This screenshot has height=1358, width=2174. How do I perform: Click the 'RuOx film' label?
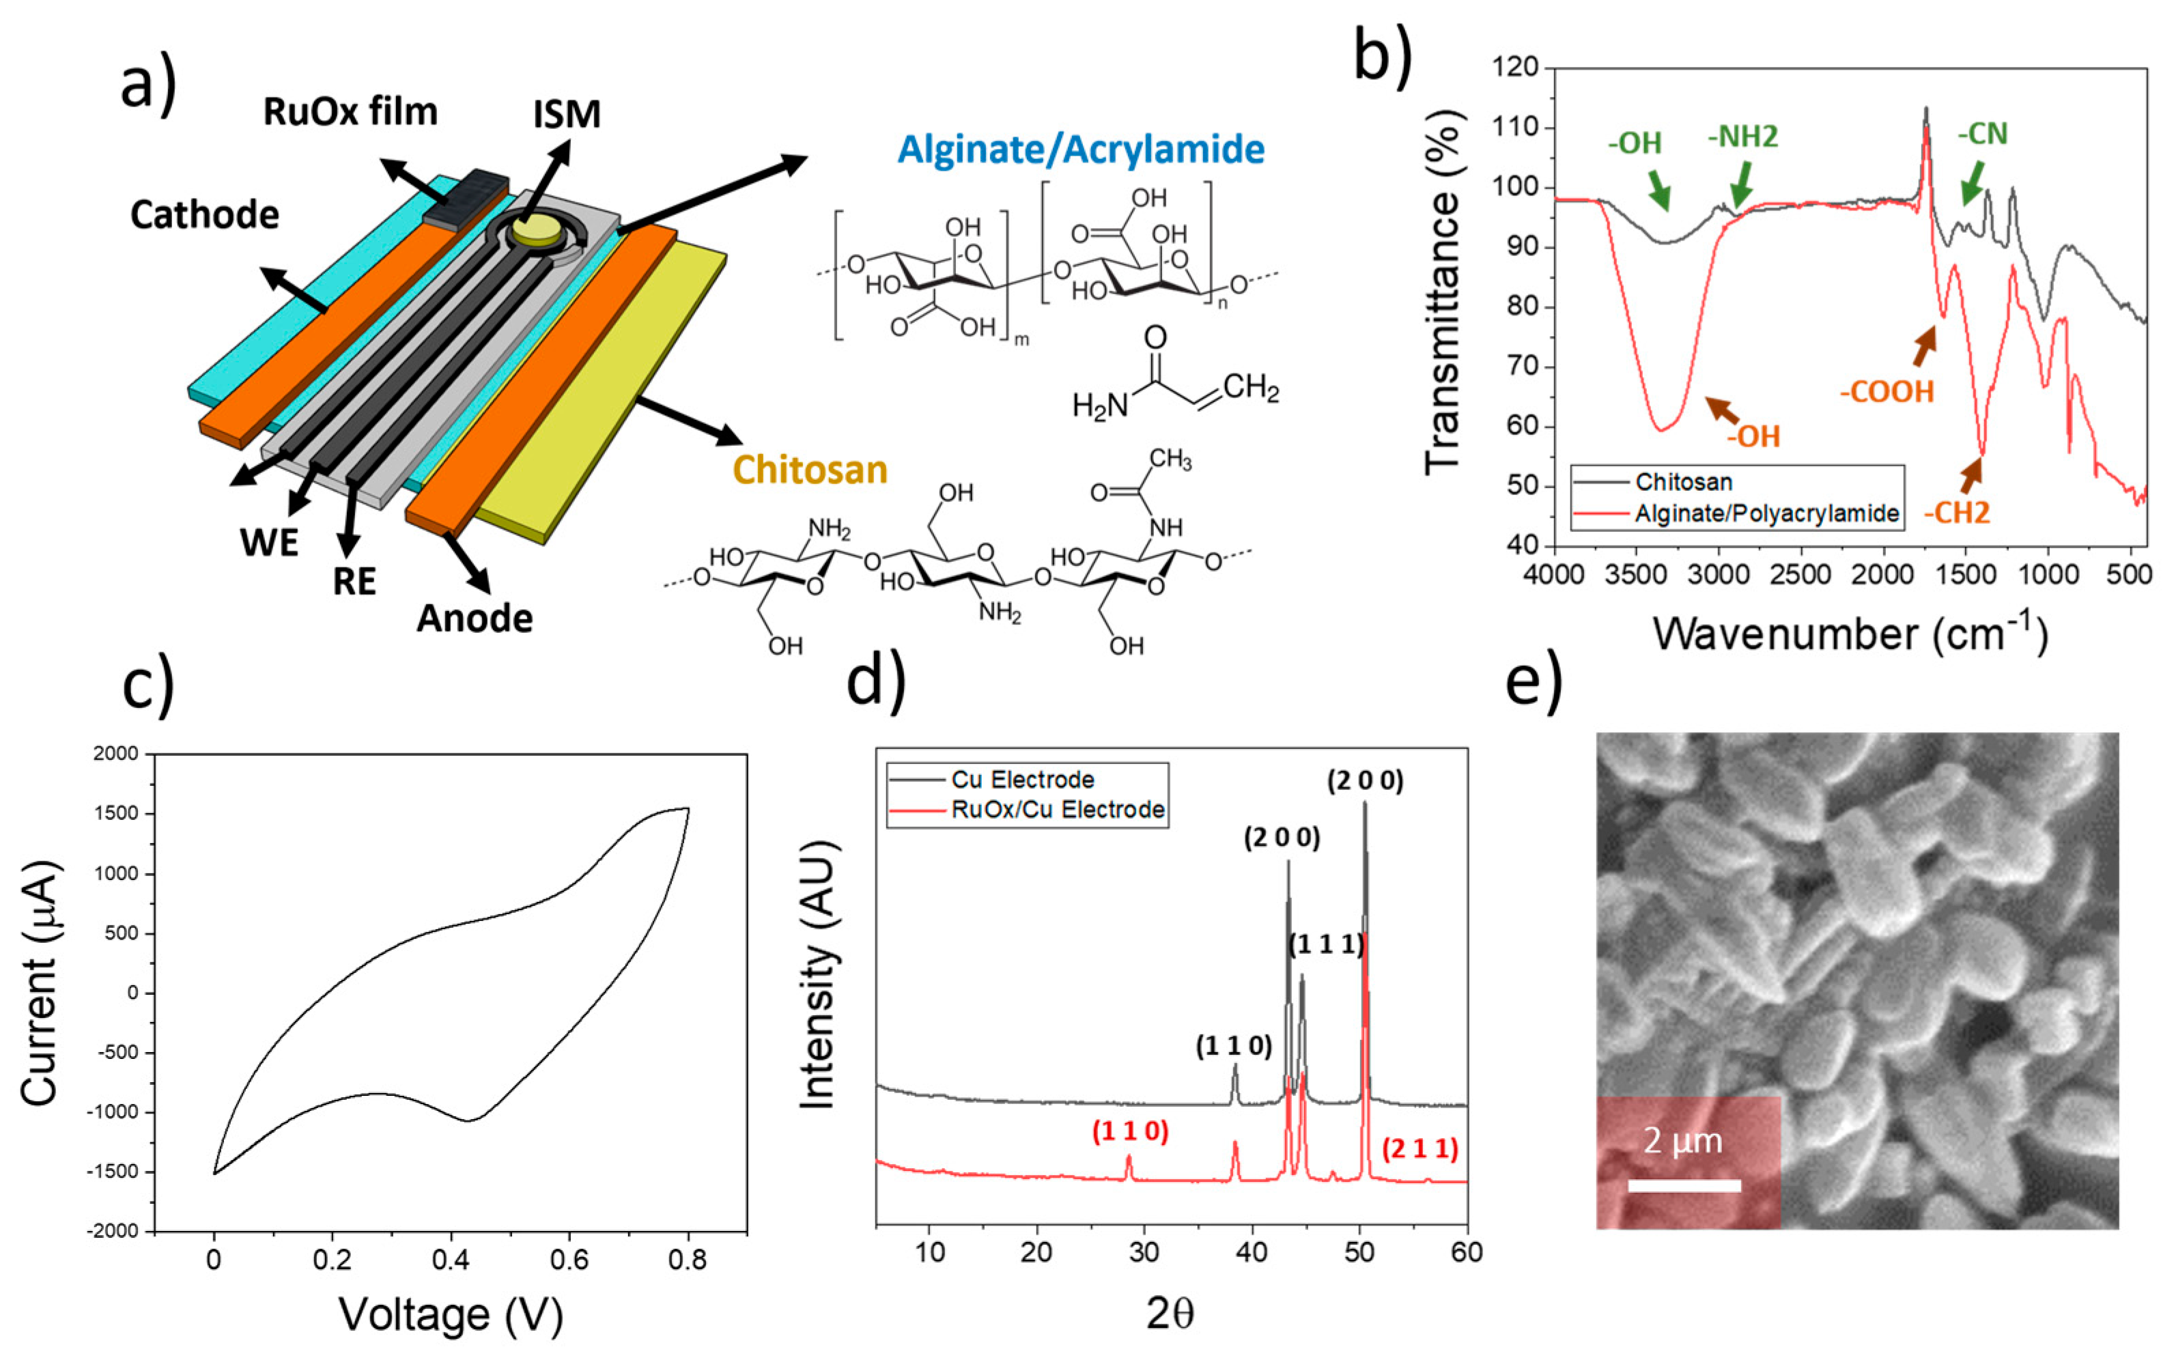[x=350, y=112]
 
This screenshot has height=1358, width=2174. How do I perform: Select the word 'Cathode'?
[x=205, y=214]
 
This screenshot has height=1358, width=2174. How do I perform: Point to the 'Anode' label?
[x=474, y=618]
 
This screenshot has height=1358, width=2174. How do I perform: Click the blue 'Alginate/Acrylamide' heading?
[x=1081, y=149]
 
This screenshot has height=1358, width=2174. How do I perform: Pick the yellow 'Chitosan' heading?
[x=810, y=470]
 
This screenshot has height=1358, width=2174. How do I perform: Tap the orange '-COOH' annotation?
[x=1887, y=392]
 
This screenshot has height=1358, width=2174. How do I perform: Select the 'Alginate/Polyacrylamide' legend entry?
[x=1766, y=513]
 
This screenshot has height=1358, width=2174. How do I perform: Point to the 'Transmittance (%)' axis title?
[x=1444, y=292]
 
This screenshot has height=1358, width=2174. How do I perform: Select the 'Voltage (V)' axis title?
[x=451, y=1315]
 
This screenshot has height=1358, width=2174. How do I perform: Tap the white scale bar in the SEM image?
[x=1684, y=1185]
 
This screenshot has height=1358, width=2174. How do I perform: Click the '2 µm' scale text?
[x=1683, y=1141]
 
